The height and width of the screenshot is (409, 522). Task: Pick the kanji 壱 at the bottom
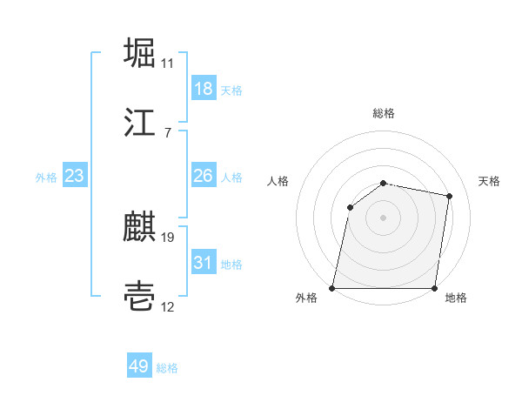tap(140, 296)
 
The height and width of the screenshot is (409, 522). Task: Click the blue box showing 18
tap(204, 89)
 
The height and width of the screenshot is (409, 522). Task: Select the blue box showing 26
tap(204, 176)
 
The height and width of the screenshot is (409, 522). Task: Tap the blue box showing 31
tap(204, 263)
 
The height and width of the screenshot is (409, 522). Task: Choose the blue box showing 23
tap(75, 176)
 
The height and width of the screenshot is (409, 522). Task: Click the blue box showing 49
tap(139, 367)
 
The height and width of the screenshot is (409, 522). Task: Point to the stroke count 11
tap(167, 64)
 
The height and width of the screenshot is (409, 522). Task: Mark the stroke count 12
tap(168, 306)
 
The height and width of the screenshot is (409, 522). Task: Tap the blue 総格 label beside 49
tap(167, 368)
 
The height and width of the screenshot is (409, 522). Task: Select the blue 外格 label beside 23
tap(46, 178)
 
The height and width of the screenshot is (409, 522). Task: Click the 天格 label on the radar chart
tap(489, 181)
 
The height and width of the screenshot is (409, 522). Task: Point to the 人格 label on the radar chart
tap(278, 181)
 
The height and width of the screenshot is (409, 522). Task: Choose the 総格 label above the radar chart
tap(384, 113)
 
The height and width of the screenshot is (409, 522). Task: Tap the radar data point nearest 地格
tap(434, 288)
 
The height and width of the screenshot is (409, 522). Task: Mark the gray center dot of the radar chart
tap(383, 218)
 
